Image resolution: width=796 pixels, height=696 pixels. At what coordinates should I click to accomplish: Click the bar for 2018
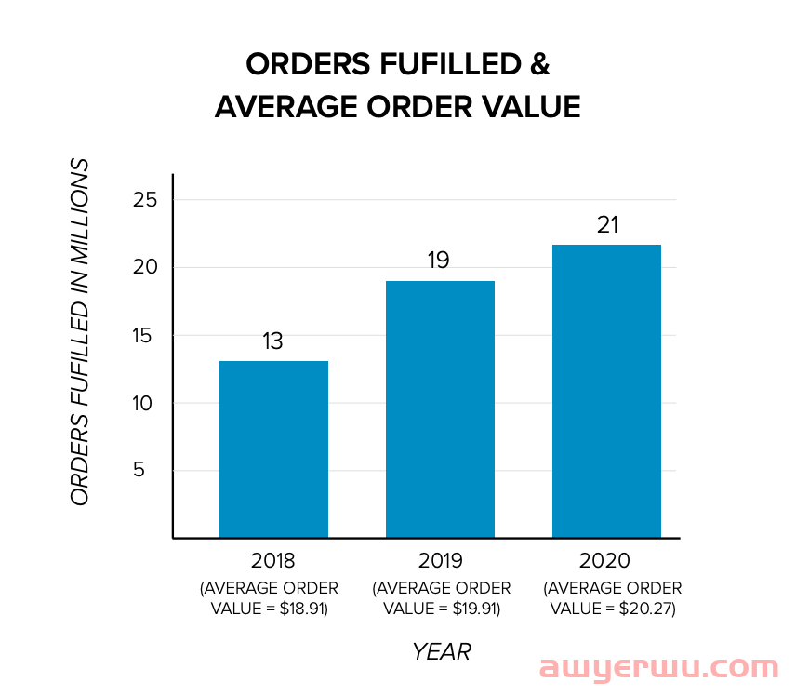273,448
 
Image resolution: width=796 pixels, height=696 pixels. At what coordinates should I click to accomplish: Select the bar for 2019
441,408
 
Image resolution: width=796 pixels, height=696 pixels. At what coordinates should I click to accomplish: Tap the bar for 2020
606,391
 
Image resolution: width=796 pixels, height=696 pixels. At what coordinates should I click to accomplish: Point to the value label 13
272,341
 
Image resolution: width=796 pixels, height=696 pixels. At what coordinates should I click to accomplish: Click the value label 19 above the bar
439,261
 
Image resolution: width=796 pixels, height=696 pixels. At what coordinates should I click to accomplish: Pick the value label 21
606,225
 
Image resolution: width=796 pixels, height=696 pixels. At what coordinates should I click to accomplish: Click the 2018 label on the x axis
272,561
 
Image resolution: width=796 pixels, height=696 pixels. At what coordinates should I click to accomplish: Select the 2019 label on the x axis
441,561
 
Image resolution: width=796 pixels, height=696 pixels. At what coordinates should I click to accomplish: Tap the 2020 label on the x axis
604,561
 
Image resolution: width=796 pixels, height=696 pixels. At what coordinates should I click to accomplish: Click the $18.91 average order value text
302,609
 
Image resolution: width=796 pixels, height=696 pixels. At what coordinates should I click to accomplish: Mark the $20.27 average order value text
644,609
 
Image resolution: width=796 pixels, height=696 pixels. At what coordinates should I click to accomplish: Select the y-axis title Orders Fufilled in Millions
81,333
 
